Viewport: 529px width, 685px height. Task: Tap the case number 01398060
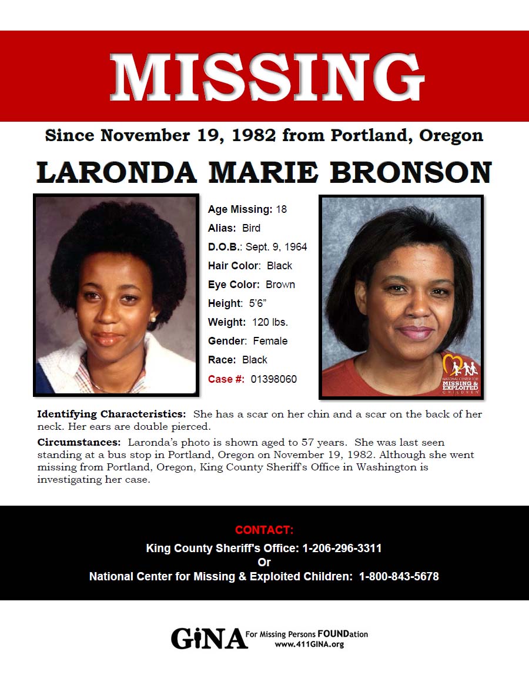274,379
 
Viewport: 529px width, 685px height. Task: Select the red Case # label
226,379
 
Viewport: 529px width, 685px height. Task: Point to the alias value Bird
251,228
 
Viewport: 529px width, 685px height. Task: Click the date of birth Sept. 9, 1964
276,247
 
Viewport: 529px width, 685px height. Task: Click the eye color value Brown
280,285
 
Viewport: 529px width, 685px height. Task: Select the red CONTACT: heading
264,530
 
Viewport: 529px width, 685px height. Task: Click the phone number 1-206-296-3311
342,549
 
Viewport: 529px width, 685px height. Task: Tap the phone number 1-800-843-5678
399,577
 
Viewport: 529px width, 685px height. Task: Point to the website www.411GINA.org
309,644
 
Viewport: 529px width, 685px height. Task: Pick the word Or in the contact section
264,563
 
